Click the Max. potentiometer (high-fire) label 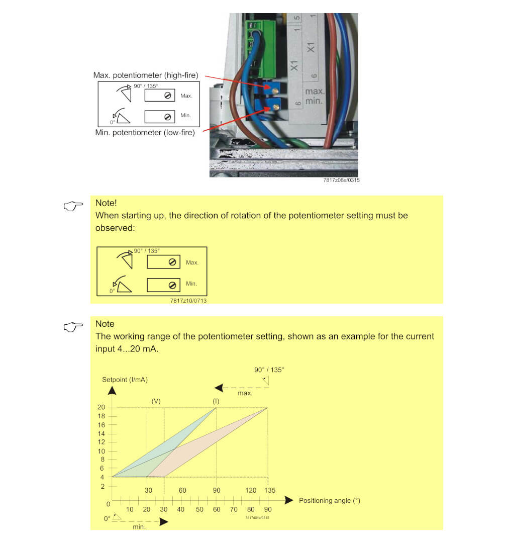146,75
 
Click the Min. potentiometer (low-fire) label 145,133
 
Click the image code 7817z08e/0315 342,180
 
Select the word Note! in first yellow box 106,203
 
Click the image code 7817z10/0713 188,300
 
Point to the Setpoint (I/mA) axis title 125,379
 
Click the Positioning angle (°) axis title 330,500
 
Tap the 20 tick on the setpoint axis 101,407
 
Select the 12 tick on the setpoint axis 101,442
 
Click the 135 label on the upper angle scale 270,490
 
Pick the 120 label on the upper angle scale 251,490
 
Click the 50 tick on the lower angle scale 199,509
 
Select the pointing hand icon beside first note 73,206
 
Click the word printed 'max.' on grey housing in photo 315,92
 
